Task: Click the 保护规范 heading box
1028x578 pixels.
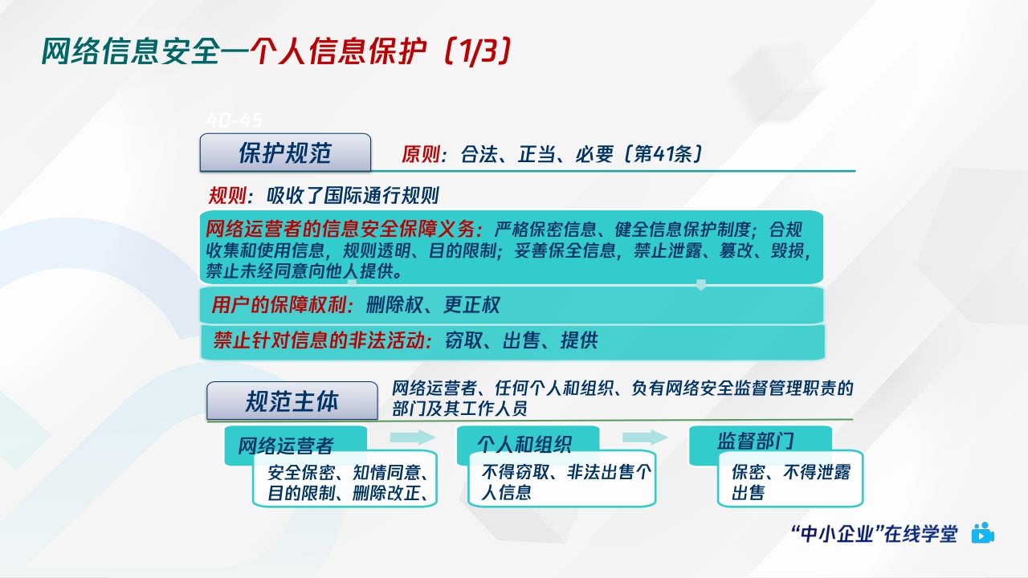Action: click(285, 153)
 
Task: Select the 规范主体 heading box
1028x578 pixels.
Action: click(292, 401)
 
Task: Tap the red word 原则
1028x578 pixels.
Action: click(423, 154)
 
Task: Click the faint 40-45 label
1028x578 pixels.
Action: click(235, 120)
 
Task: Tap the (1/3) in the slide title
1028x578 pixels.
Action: click(477, 52)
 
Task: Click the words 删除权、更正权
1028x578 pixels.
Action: click(433, 305)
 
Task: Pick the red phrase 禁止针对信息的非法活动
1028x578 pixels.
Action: click(318, 340)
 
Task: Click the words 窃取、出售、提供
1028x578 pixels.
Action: click(521, 340)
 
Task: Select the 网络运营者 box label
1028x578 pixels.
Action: click(285, 445)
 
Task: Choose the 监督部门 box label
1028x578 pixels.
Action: click(756, 441)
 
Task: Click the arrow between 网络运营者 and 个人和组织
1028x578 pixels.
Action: click(412, 437)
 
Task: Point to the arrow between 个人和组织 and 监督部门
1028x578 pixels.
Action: click(645, 437)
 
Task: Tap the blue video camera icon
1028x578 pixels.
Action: click(982, 534)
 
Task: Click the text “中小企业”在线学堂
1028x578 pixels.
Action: click(874, 534)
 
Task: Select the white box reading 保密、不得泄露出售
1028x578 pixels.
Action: click(789, 482)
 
